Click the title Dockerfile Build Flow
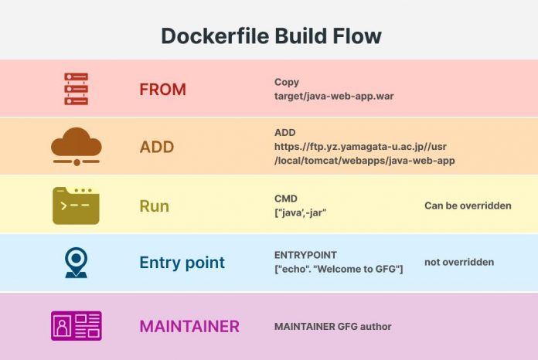tap(271, 36)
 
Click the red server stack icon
tap(76, 89)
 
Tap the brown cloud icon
tap(76, 146)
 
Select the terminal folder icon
tap(76, 205)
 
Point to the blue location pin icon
tap(76, 263)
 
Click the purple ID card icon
tap(76, 326)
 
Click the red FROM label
tap(162, 90)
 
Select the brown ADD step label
tap(156, 147)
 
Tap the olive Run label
tap(154, 206)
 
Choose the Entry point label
tap(182, 263)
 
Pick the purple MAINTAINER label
tap(189, 326)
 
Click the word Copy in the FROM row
tap(286, 82)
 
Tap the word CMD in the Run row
tap(286, 199)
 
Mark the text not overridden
tap(458, 263)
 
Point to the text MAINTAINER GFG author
tap(332, 326)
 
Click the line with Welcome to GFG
tap(339, 269)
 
